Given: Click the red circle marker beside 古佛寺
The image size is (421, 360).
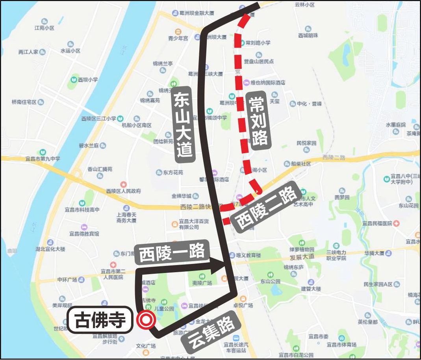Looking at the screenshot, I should click(145, 320).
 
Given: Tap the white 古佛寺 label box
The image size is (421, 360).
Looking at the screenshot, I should click(100, 321).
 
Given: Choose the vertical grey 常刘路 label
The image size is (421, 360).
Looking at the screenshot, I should click(258, 121).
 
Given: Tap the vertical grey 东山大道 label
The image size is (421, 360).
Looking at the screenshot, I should click(184, 122).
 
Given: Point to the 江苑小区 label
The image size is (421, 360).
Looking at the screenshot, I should click(45, 28).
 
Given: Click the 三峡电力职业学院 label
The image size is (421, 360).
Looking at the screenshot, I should click(336, 255).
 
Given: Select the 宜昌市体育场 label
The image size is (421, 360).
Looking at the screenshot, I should click(341, 345).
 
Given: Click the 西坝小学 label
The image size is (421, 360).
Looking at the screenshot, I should click(87, 79).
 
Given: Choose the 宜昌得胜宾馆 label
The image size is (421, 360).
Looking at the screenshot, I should click(84, 234).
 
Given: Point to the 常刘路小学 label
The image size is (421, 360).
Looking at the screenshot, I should click(258, 43).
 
